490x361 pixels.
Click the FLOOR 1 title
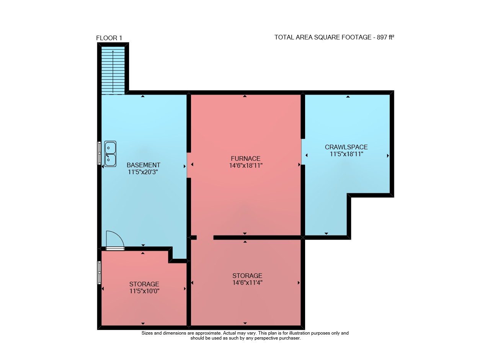pyautogui.click(x=109, y=38)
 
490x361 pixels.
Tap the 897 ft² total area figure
pyautogui.click(x=385, y=37)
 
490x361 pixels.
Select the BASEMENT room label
pyautogui.click(x=144, y=165)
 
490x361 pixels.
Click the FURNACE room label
pyautogui.click(x=246, y=158)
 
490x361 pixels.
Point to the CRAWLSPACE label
pyautogui.click(x=346, y=147)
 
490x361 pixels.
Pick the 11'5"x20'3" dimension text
pyautogui.click(x=143, y=172)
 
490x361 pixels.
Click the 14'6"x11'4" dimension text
pyautogui.click(x=247, y=283)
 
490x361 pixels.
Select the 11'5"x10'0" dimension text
pyautogui.click(x=144, y=291)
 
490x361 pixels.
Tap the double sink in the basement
pyautogui.click(x=110, y=154)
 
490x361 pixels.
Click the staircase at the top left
pyautogui.click(x=113, y=70)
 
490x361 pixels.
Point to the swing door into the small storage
pyautogui.click(x=115, y=241)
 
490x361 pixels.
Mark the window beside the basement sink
pyautogui.click(x=99, y=153)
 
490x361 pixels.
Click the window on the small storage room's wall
pyautogui.click(x=99, y=273)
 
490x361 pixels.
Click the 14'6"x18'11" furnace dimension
pyautogui.click(x=246, y=166)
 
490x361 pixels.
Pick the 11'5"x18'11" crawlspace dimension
pyautogui.click(x=346, y=154)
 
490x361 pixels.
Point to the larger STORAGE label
pyautogui.click(x=247, y=276)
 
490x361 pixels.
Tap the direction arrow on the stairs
pyautogui.click(x=113, y=72)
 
